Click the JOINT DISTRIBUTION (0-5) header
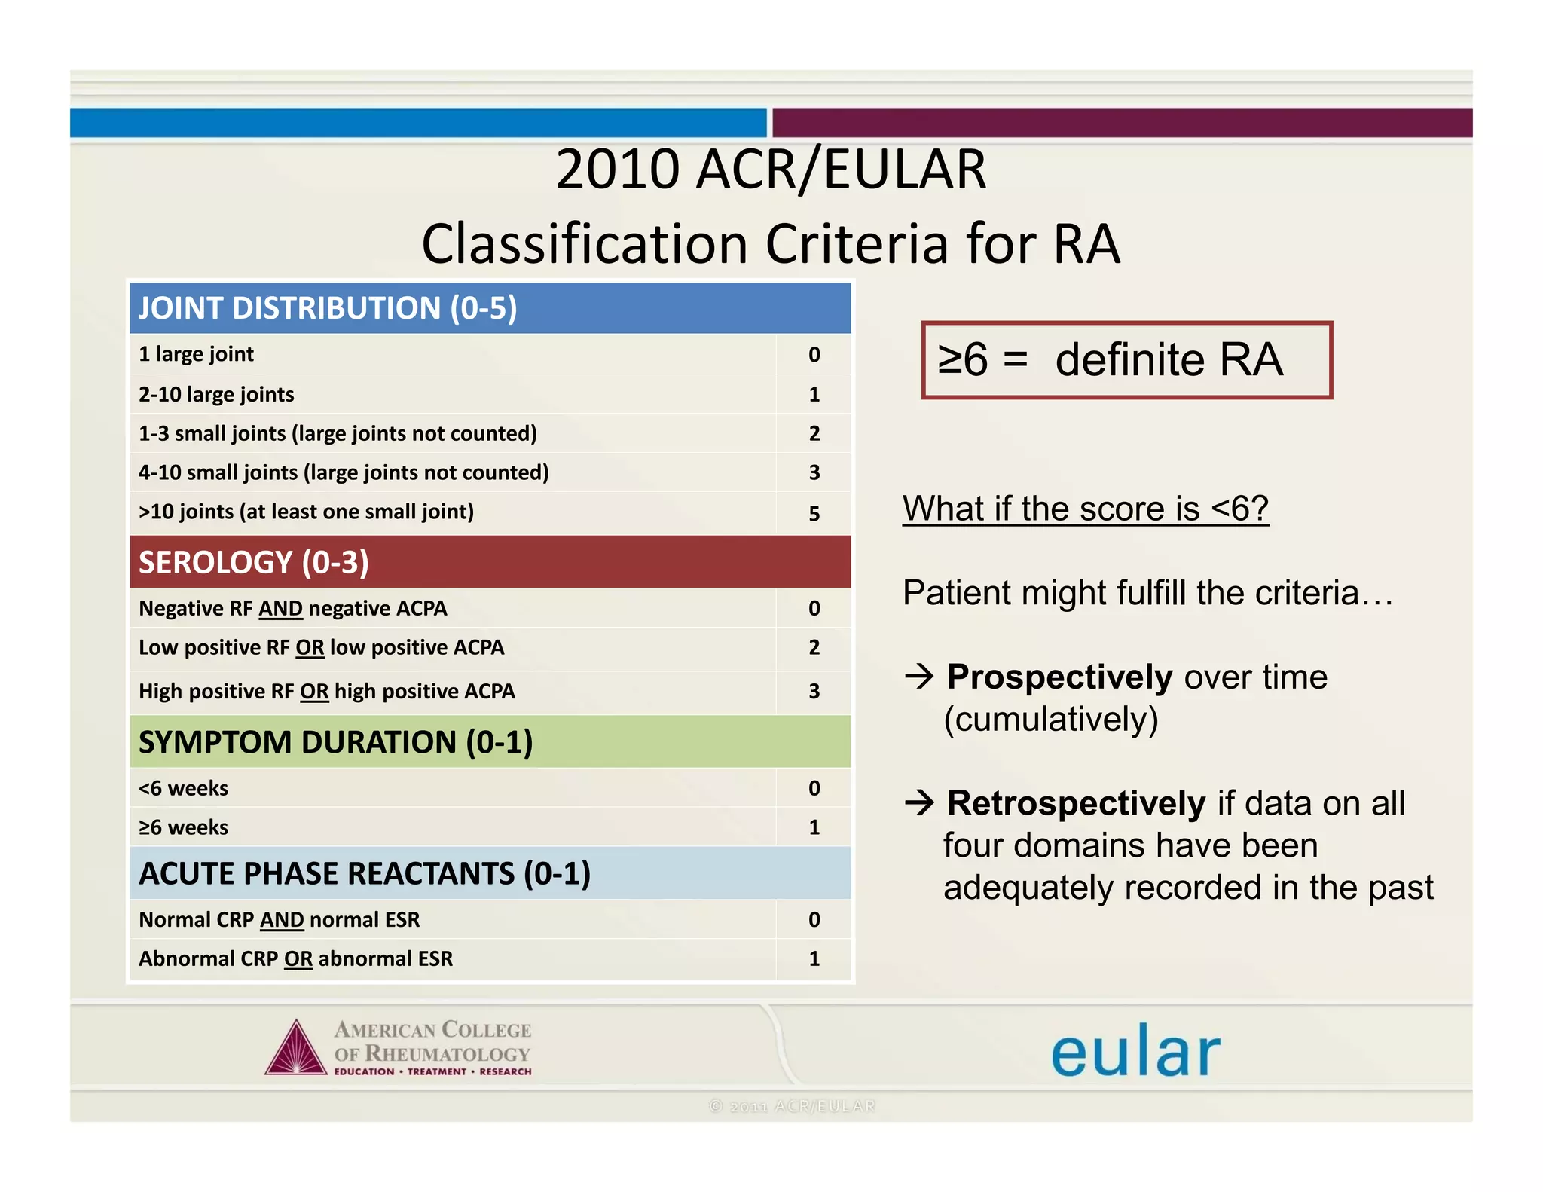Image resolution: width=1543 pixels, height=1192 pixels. point(328,308)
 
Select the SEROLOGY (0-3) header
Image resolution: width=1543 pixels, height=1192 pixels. point(254,562)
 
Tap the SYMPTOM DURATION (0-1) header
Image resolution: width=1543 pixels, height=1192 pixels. point(336,742)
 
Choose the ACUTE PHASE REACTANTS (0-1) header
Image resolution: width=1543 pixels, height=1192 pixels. point(365,873)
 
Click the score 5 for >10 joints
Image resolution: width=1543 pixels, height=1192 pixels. point(814,513)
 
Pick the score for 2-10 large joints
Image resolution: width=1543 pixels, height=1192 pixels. point(814,394)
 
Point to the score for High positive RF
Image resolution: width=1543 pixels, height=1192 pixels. point(814,691)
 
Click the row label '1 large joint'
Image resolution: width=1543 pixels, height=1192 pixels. point(196,354)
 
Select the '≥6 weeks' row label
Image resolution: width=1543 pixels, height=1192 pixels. point(183,827)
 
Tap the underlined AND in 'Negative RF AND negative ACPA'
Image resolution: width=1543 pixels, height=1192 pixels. point(280,609)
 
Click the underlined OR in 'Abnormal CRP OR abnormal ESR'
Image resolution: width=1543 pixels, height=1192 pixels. point(298,959)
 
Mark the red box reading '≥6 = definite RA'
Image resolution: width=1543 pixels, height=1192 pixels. point(1126,360)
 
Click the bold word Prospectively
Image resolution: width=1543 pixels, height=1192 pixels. point(1059,677)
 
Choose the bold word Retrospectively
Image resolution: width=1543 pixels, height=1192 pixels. point(1076,803)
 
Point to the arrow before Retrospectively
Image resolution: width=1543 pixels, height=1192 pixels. point(920,803)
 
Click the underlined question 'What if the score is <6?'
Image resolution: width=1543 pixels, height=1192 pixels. point(1086,509)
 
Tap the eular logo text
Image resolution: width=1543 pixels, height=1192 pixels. point(1135,1052)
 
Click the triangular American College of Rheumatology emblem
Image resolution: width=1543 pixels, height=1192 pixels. point(296,1050)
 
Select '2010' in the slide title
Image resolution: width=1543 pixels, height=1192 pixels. point(618,170)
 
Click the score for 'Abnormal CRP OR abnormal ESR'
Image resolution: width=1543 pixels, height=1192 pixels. point(814,958)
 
